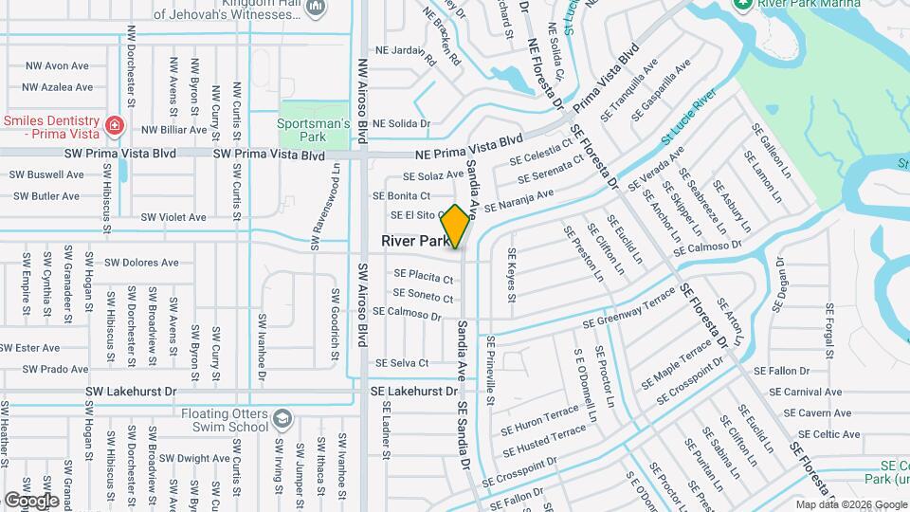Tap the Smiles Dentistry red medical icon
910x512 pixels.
114,124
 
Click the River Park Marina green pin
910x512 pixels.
744,5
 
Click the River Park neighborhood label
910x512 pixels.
415,242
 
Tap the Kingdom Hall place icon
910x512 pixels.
317,8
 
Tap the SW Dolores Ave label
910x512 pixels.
141,263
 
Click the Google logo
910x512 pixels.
32,500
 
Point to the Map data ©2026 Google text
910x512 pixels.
851,504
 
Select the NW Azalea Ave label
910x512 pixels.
59,87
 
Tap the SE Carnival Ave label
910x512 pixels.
806,392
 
